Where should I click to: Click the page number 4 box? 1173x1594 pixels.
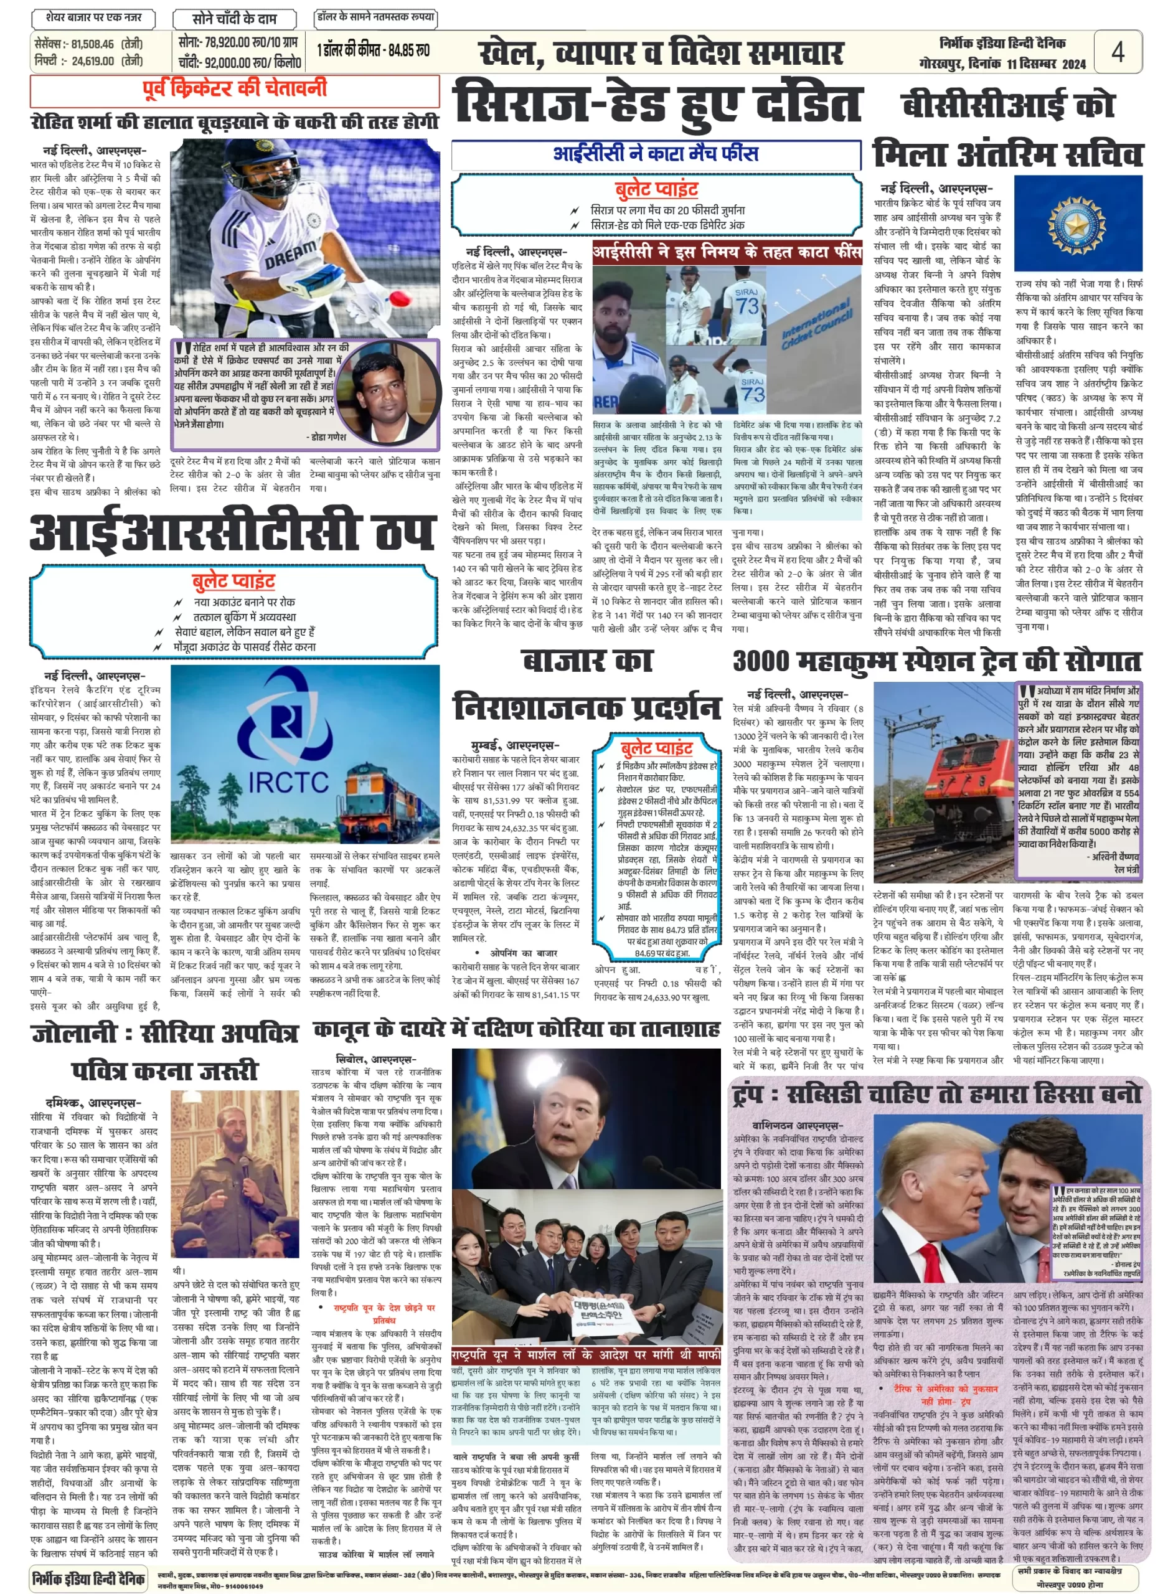[x=1118, y=52]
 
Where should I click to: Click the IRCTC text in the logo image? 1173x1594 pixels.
[x=289, y=783]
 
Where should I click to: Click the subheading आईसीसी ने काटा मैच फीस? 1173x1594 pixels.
[x=656, y=153]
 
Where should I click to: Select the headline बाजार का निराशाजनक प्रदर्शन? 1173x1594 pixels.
[x=587, y=684]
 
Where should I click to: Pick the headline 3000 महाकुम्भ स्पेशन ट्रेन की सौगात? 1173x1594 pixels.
[x=936, y=661]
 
